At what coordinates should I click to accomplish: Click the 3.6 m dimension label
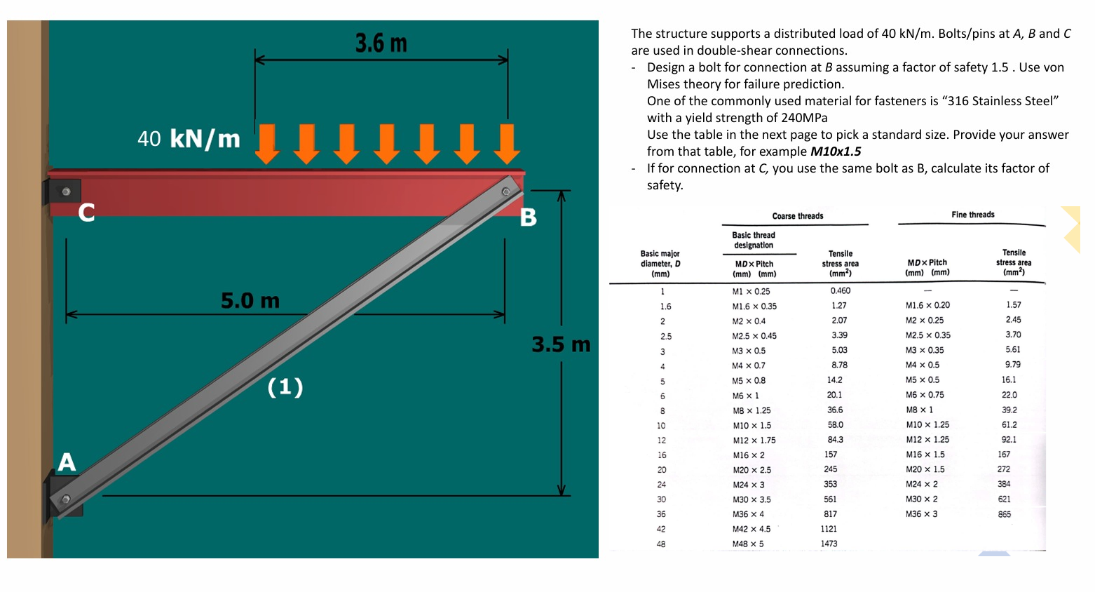tap(381, 43)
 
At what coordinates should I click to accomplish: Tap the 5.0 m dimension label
tap(250, 301)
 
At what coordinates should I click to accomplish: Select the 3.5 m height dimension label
tap(561, 344)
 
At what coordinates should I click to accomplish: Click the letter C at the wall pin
tap(86, 212)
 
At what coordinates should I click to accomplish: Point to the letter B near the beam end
tap(529, 217)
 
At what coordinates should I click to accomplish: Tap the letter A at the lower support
tap(67, 462)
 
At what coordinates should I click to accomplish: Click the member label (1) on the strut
tap(285, 386)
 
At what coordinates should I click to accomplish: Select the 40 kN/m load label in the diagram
tap(189, 139)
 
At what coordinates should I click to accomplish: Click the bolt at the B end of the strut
tap(505, 191)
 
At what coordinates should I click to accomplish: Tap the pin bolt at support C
tap(66, 191)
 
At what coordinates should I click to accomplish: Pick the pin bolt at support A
tap(66, 499)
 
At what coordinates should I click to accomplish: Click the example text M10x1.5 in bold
tap(836, 152)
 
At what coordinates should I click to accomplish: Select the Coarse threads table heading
tap(798, 216)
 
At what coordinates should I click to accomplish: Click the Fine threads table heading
tap(973, 215)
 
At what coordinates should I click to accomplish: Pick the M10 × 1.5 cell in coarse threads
tap(751, 426)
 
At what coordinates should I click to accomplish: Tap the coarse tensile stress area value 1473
tap(829, 544)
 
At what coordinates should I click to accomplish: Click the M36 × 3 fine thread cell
tap(921, 514)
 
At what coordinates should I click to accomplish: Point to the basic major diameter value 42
tap(661, 529)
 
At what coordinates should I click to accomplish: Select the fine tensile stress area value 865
tap(1005, 514)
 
